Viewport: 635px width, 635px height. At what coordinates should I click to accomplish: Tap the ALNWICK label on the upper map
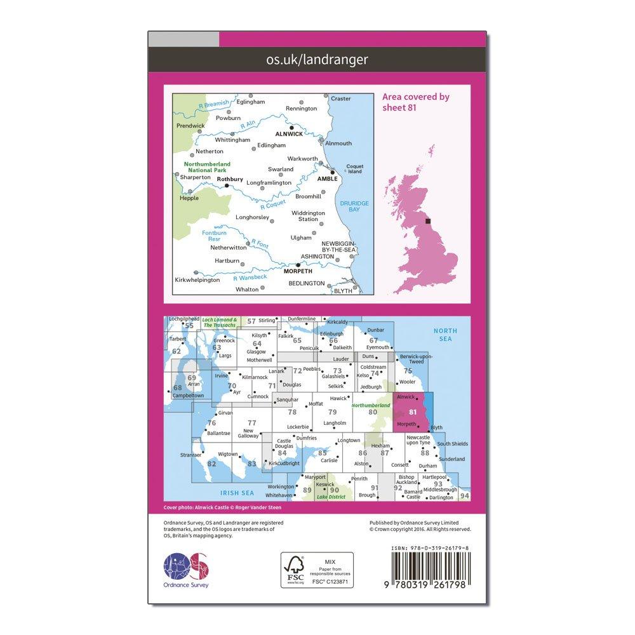pos(289,135)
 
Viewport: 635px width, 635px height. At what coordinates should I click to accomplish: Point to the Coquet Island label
pos(354,170)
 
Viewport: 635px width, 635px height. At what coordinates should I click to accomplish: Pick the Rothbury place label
pos(229,179)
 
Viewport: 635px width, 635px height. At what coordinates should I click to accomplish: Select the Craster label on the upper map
pos(341,99)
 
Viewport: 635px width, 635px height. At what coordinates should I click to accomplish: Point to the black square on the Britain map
pos(429,221)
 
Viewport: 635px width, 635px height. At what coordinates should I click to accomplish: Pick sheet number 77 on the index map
pos(251,422)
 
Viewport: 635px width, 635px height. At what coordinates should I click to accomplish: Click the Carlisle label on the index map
pos(329,460)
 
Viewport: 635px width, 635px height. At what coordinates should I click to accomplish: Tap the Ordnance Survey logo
pos(187,569)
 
